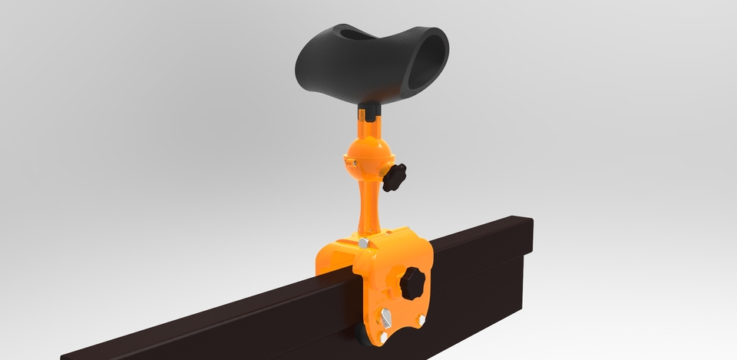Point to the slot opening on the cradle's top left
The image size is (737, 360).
click(x=349, y=35)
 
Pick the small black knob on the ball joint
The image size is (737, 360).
click(x=398, y=176)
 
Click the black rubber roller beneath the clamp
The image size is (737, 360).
click(x=361, y=332)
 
